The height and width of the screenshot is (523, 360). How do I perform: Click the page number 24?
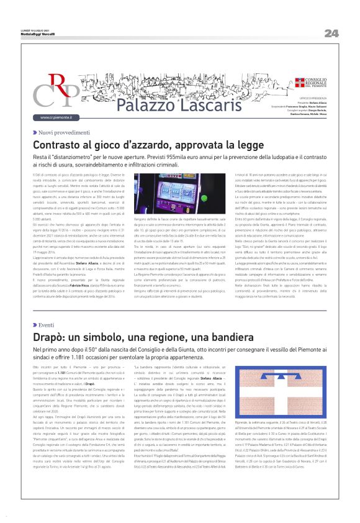tap(331, 33)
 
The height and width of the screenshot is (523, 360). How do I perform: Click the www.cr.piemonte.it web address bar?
tap(52, 117)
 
